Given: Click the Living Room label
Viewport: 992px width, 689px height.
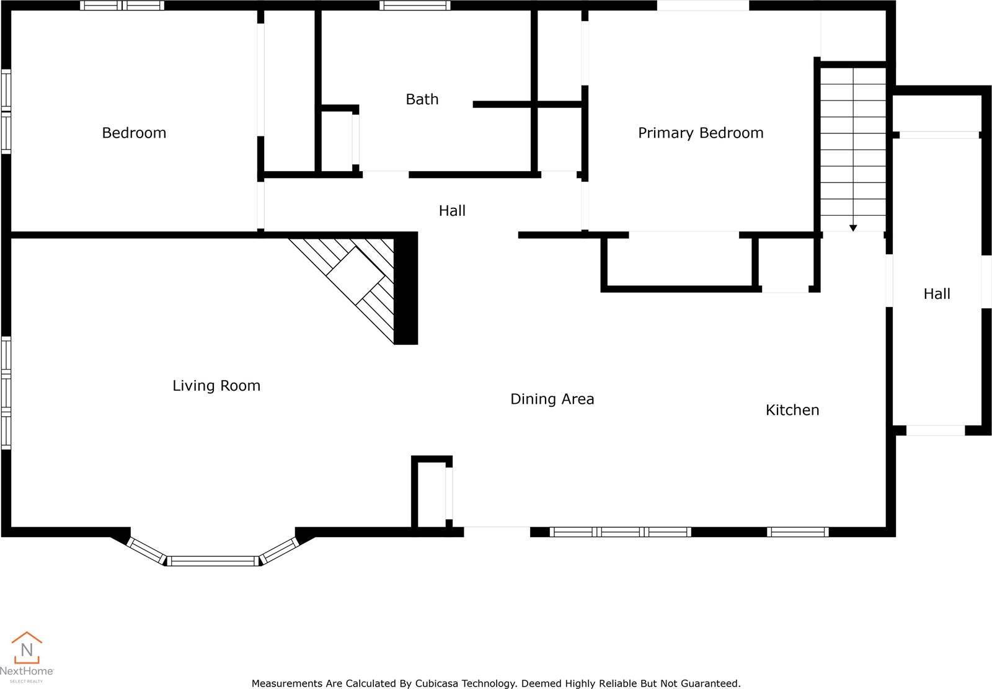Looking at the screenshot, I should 216,386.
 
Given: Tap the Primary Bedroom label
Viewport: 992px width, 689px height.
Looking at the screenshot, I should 701,133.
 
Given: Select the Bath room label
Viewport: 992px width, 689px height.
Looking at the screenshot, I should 422,99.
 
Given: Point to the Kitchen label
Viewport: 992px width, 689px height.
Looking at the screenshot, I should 792,410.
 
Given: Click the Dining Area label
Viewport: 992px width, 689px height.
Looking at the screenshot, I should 552,399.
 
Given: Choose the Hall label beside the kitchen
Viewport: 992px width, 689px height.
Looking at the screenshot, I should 936,294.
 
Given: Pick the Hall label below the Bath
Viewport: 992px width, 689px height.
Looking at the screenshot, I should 452,211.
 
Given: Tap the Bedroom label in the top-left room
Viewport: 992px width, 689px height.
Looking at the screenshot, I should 134,133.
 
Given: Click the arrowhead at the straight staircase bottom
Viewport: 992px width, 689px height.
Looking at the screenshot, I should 853,228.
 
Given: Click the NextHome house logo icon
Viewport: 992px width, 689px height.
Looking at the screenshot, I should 27,648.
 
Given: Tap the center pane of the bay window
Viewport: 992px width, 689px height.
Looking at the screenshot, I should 213,561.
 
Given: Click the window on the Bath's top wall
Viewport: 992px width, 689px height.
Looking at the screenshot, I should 415,6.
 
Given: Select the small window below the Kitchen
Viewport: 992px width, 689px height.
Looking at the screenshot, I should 797,531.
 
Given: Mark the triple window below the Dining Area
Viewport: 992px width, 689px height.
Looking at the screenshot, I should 620,531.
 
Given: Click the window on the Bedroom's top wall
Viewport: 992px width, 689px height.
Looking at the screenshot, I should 122,6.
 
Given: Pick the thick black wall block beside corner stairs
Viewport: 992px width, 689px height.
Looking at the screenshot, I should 406,288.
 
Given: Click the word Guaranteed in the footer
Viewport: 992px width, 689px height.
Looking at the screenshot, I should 709,683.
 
